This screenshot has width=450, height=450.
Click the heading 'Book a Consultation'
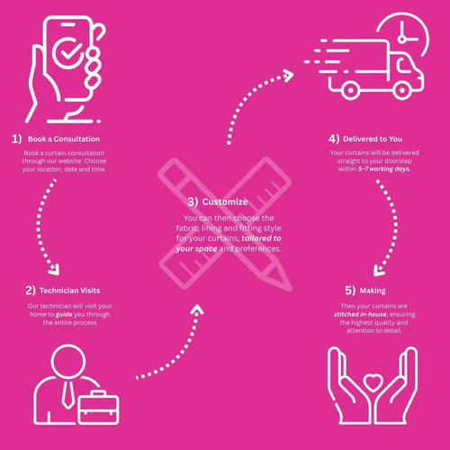(x=64, y=139)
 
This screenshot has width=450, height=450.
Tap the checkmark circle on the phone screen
(x=68, y=52)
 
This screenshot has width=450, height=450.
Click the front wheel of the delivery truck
(x=402, y=90)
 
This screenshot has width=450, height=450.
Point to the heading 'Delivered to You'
(x=373, y=139)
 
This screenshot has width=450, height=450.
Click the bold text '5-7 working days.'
(x=384, y=169)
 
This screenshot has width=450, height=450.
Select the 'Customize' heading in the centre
(x=225, y=202)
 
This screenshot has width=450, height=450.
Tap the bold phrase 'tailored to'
(x=261, y=238)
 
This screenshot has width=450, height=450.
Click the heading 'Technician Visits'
(x=69, y=291)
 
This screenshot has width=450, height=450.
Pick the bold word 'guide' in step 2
(x=64, y=314)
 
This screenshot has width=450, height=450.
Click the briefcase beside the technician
(x=98, y=407)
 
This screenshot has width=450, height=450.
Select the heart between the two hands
(x=373, y=382)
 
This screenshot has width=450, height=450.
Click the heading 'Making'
(x=373, y=291)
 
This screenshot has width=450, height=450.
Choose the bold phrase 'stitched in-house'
(x=360, y=314)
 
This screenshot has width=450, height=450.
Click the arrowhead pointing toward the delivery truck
(x=289, y=76)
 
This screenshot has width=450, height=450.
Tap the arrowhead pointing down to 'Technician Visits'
(x=55, y=270)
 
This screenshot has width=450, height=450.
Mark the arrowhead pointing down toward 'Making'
(x=379, y=271)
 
